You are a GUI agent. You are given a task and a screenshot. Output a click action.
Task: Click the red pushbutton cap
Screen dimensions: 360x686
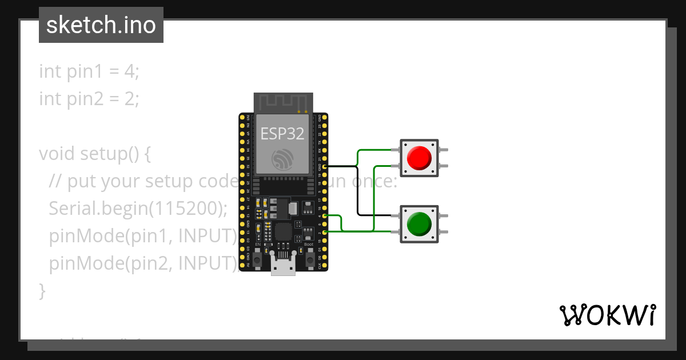pos(419,157)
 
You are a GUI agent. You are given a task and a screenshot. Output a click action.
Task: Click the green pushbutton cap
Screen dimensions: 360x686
pos(419,224)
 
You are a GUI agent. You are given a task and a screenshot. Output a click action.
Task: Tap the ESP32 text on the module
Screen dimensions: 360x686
pos(282,133)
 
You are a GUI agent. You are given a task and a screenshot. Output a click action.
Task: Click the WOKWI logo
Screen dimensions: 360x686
pos(607,315)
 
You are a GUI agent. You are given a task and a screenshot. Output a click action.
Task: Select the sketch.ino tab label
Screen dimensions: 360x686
pos(101,25)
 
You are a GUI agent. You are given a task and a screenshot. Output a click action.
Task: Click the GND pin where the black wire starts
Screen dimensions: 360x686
pos(325,166)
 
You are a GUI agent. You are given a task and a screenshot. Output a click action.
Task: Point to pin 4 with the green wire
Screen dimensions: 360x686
pos(325,216)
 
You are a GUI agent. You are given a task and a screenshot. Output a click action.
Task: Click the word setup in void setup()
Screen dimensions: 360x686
pos(100,154)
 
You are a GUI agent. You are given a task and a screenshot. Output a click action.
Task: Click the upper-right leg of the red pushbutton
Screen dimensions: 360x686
pos(444,150)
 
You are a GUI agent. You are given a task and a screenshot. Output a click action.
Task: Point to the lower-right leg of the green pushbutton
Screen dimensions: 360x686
pos(444,232)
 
